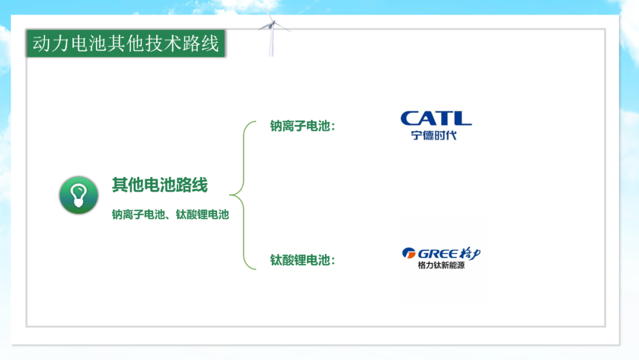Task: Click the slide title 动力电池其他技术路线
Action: [x=125, y=43]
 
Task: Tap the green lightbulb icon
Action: [x=79, y=195]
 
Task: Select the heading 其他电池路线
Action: [x=160, y=185]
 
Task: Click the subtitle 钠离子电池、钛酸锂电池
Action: [x=170, y=214]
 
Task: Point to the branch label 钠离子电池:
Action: [x=302, y=126]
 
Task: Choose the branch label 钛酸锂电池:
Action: [x=302, y=260]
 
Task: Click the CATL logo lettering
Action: [x=436, y=118]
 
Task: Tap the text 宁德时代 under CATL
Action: [x=434, y=136]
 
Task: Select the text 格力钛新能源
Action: [x=441, y=265]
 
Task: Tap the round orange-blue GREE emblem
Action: [x=409, y=253]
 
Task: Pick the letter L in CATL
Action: [x=462, y=118]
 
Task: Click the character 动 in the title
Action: [x=42, y=44]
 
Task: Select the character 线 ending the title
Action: [x=209, y=44]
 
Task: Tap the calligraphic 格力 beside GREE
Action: [x=470, y=253]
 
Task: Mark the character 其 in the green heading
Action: [x=120, y=185]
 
